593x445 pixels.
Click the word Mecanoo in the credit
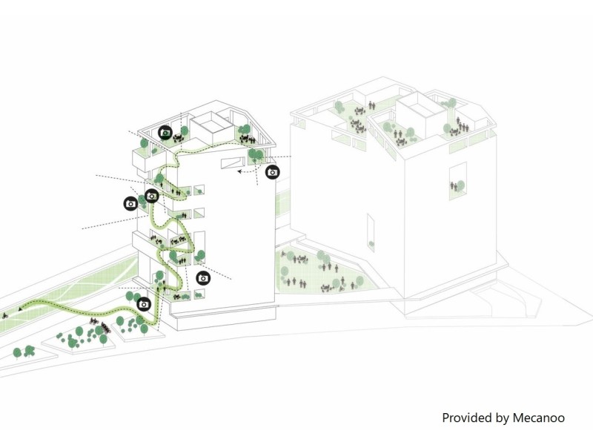[x=539, y=418]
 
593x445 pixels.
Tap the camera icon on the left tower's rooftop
[x=165, y=133]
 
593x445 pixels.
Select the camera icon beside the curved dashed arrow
[x=272, y=172]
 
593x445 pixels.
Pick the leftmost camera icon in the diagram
[x=131, y=203]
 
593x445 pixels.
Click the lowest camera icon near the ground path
[x=144, y=304]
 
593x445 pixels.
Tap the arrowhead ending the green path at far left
[x=20, y=309]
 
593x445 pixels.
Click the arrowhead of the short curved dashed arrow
[x=239, y=171]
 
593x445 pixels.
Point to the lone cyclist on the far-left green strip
[x=5, y=315]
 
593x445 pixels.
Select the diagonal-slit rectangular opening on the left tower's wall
[x=231, y=162]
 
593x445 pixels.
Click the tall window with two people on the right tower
[x=458, y=181]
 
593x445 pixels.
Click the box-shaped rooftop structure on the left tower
[x=211, y=126]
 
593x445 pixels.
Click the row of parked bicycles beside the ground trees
[x=99, y=325]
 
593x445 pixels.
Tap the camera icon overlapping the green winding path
[x=152, y=196]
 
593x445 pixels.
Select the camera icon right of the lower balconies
[x=203, y=278]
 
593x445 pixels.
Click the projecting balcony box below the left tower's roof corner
[x=149, y=160]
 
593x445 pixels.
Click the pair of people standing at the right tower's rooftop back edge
[x=371, y=105]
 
